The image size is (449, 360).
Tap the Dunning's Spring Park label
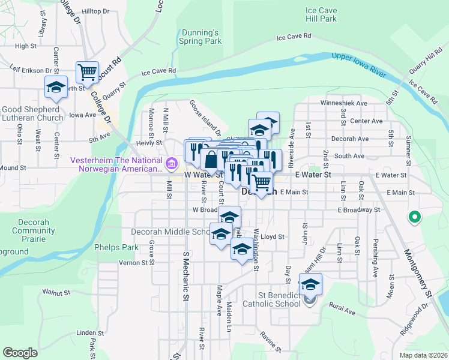(x=200, y=37)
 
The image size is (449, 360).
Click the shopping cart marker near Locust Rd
(x=88, y=73)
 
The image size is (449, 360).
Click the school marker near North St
(x=56, y=88)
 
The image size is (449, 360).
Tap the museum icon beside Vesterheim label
(x=171, y=163)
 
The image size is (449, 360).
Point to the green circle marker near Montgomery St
(x=414, y=217)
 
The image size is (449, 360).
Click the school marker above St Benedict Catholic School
(x=311, y=284)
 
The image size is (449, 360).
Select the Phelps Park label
(x=116, y=247)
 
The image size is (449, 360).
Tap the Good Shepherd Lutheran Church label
(x=31, y=113)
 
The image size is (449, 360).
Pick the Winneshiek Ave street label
(x=343, y=103)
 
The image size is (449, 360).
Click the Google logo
(x=20, y=352)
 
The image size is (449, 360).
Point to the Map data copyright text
(x=423, y=355)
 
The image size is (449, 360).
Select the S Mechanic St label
(x=185, y=276)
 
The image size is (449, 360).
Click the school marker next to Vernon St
(x=242, y=251)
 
